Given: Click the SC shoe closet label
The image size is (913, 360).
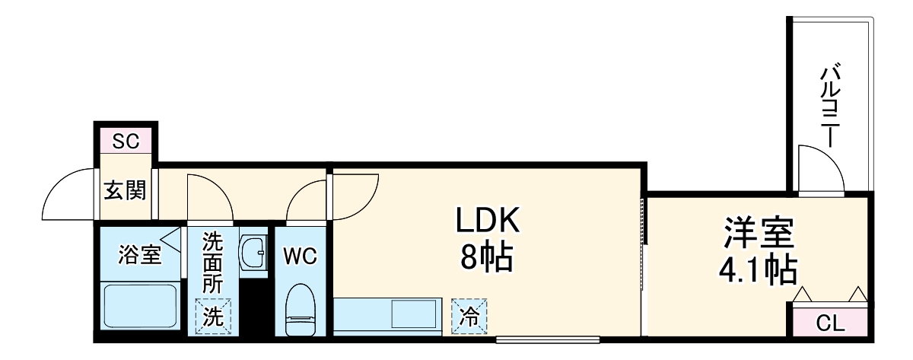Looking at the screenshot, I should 126,142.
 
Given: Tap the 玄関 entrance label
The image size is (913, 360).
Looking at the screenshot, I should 126,190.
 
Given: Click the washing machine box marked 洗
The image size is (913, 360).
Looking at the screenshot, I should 212,317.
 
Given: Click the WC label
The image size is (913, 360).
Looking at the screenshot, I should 301,256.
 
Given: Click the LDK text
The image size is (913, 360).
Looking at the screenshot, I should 487,222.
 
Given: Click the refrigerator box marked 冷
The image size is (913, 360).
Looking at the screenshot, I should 469,317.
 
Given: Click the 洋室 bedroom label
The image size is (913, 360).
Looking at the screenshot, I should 759,234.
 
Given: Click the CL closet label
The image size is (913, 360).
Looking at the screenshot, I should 830,323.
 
